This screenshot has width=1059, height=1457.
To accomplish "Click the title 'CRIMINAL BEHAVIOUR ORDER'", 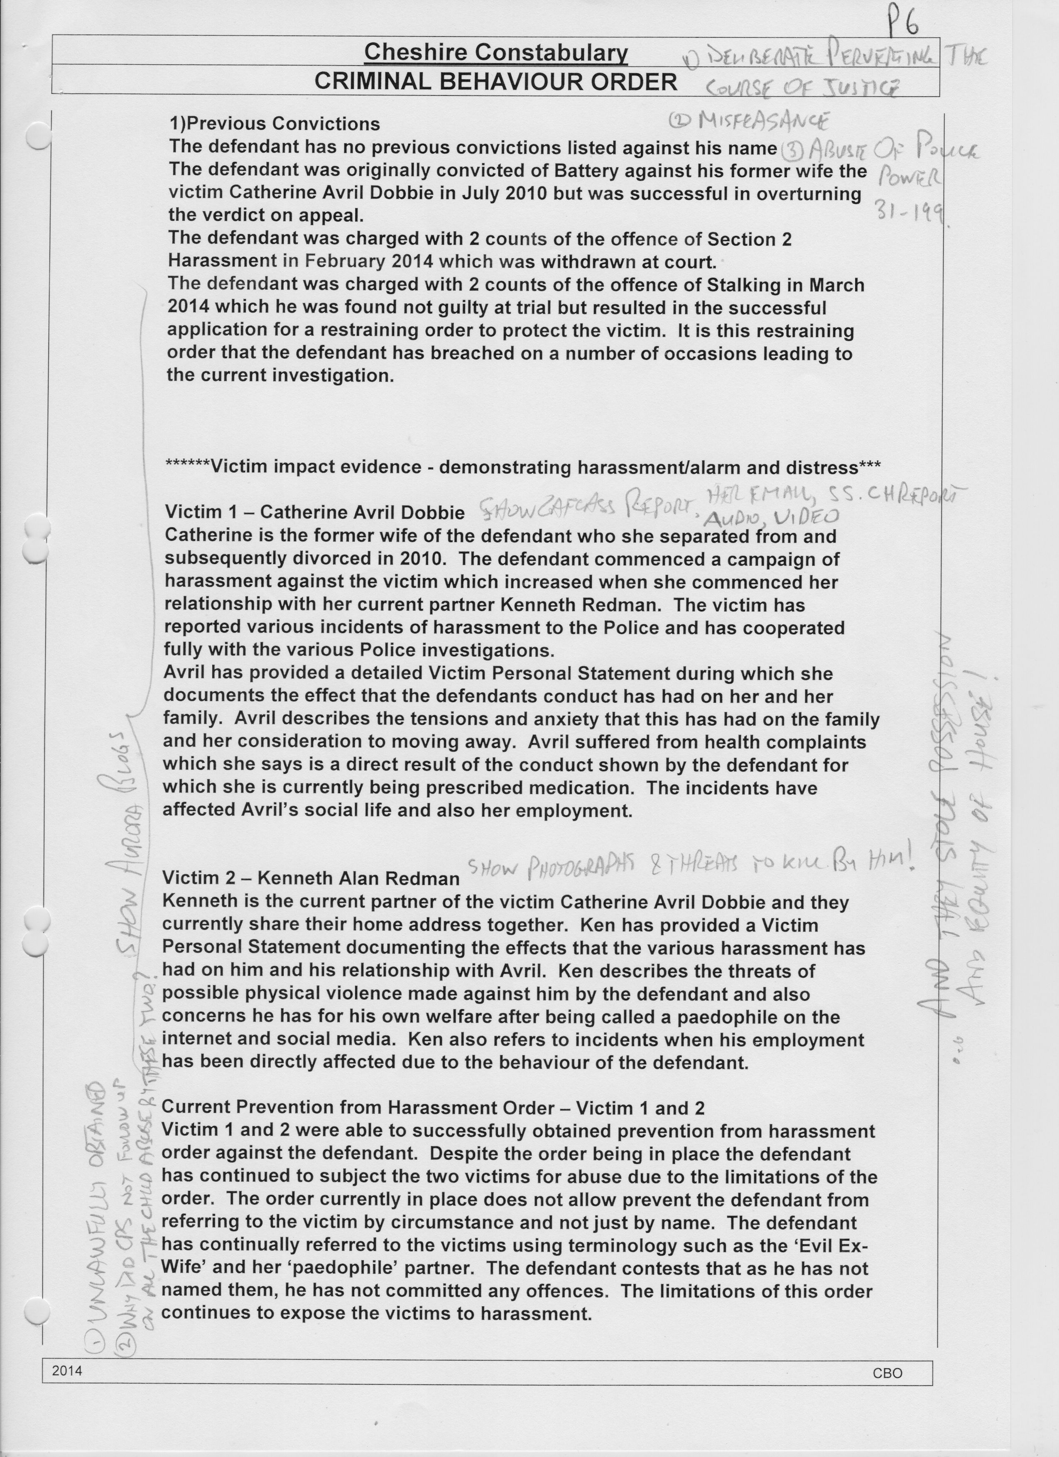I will (495, 82).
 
